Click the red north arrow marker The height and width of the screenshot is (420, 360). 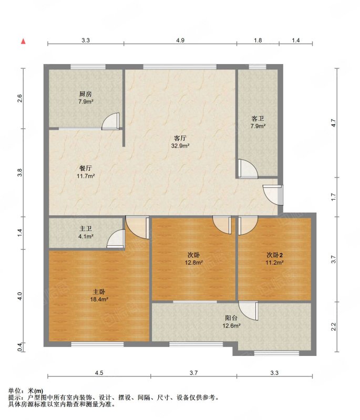click(23, 41)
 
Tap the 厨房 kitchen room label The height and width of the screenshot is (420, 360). click(86, 94)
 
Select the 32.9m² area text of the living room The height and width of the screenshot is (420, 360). click(180, 146)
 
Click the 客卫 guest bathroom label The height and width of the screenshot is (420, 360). click(258, 119)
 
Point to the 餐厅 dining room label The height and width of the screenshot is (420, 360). click(86, 168)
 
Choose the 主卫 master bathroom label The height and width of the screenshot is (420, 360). click(86, 228)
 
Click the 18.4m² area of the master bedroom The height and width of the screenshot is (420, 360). click(99, 299)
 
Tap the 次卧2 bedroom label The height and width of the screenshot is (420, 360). click(274, 255)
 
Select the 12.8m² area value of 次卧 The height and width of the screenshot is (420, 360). click(193, 262)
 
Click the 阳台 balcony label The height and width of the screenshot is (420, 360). click(231, 318)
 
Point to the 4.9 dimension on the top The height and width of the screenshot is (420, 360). click(180, 40)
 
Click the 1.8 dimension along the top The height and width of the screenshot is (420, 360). click(258, 40)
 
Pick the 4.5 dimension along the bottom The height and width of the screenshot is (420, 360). click(99, 373)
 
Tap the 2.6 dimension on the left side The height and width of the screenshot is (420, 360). click(19, 99)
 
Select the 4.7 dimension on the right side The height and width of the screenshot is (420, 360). click(333, 123)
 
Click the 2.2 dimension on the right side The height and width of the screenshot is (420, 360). click(333, 327)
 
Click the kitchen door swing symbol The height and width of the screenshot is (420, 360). click(111, 121)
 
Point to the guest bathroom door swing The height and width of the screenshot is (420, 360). click(248, 169)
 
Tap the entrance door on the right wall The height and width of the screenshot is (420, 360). click(273, 195)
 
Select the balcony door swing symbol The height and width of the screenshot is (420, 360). click(248, 311)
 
